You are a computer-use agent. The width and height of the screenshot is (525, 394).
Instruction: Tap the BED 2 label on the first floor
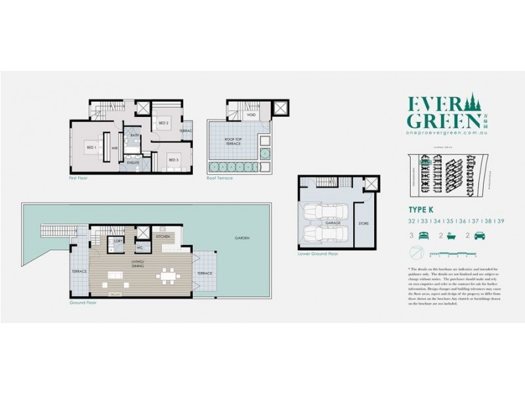coord(164,123)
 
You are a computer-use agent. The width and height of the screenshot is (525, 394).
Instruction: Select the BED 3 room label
coord(173,160)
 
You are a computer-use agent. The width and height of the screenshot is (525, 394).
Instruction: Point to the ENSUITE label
coord(134,162)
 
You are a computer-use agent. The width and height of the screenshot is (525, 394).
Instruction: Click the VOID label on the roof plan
coord(251,114)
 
